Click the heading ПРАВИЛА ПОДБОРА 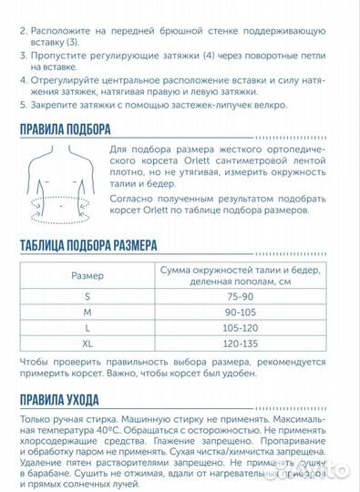(66, 128)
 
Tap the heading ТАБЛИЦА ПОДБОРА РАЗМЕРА (87, 245)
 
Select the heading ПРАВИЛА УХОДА (60, 401)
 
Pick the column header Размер (88, 275)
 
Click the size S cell (88, 296)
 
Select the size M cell (88, 312)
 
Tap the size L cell (88, 327)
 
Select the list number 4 (23, 78)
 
